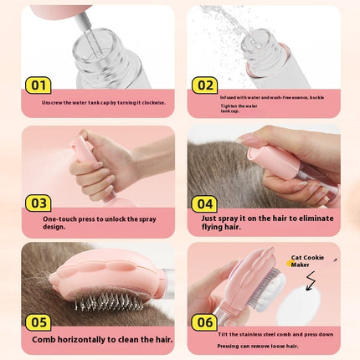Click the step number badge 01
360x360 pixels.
[x=39, y=85]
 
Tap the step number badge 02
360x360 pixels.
[x=204, y=85]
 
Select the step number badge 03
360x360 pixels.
[x=39, y=202]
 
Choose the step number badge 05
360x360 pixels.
[x=39, y=321]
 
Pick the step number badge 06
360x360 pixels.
[x=204, y=321]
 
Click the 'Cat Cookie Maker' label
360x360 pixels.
[x=306, y=261]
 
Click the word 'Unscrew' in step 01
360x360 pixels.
[x=53, y=102]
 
